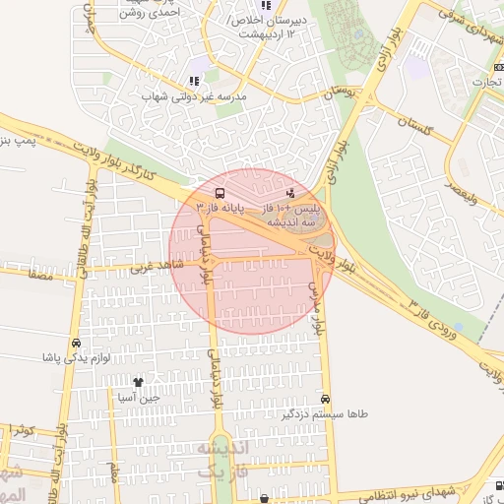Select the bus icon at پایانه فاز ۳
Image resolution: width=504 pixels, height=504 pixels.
coord(219,193)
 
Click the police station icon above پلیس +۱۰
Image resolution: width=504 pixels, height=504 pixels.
coord(289,193)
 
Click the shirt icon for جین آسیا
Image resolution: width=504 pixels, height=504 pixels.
coord(137,382)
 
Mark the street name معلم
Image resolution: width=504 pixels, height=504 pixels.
coord(112,472)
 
